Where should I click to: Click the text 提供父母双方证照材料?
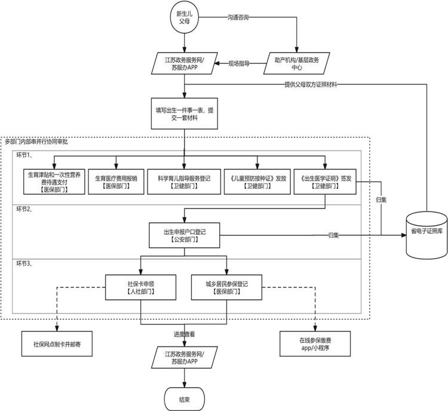click(x=310, y=85)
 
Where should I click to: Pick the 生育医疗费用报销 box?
click(x=116, y=181)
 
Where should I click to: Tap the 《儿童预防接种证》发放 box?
click(x=257, y=181)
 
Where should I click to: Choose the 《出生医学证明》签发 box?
click(x=325, y=181)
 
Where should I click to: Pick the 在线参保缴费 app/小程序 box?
click(x=314, y=345)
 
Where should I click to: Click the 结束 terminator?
click(x=184, y=397)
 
